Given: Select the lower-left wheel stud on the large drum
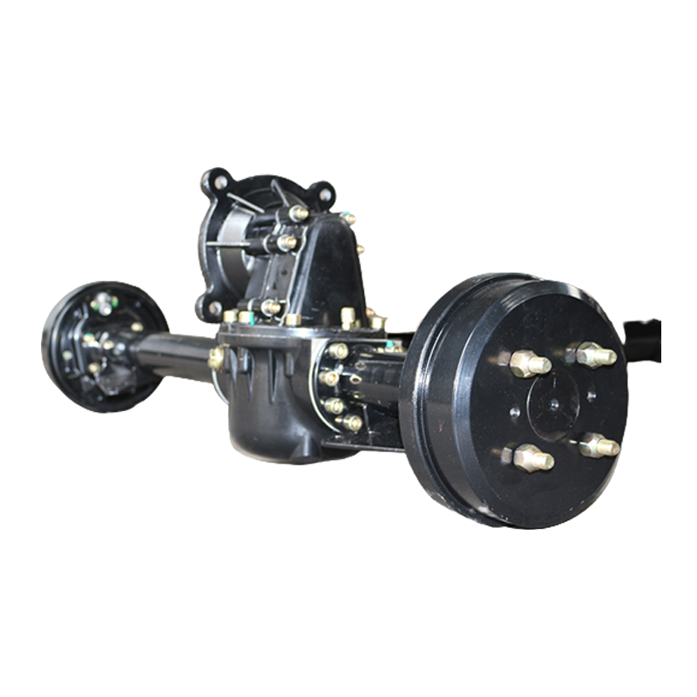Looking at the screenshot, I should pos(529,457).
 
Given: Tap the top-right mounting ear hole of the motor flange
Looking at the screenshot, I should pos(323,193).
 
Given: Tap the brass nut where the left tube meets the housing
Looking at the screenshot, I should pos(216,357).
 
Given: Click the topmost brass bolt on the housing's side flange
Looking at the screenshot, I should pos(337,350).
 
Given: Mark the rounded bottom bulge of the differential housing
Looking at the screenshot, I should pos(270,427).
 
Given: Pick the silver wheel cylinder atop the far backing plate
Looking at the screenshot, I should pos(104,303).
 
